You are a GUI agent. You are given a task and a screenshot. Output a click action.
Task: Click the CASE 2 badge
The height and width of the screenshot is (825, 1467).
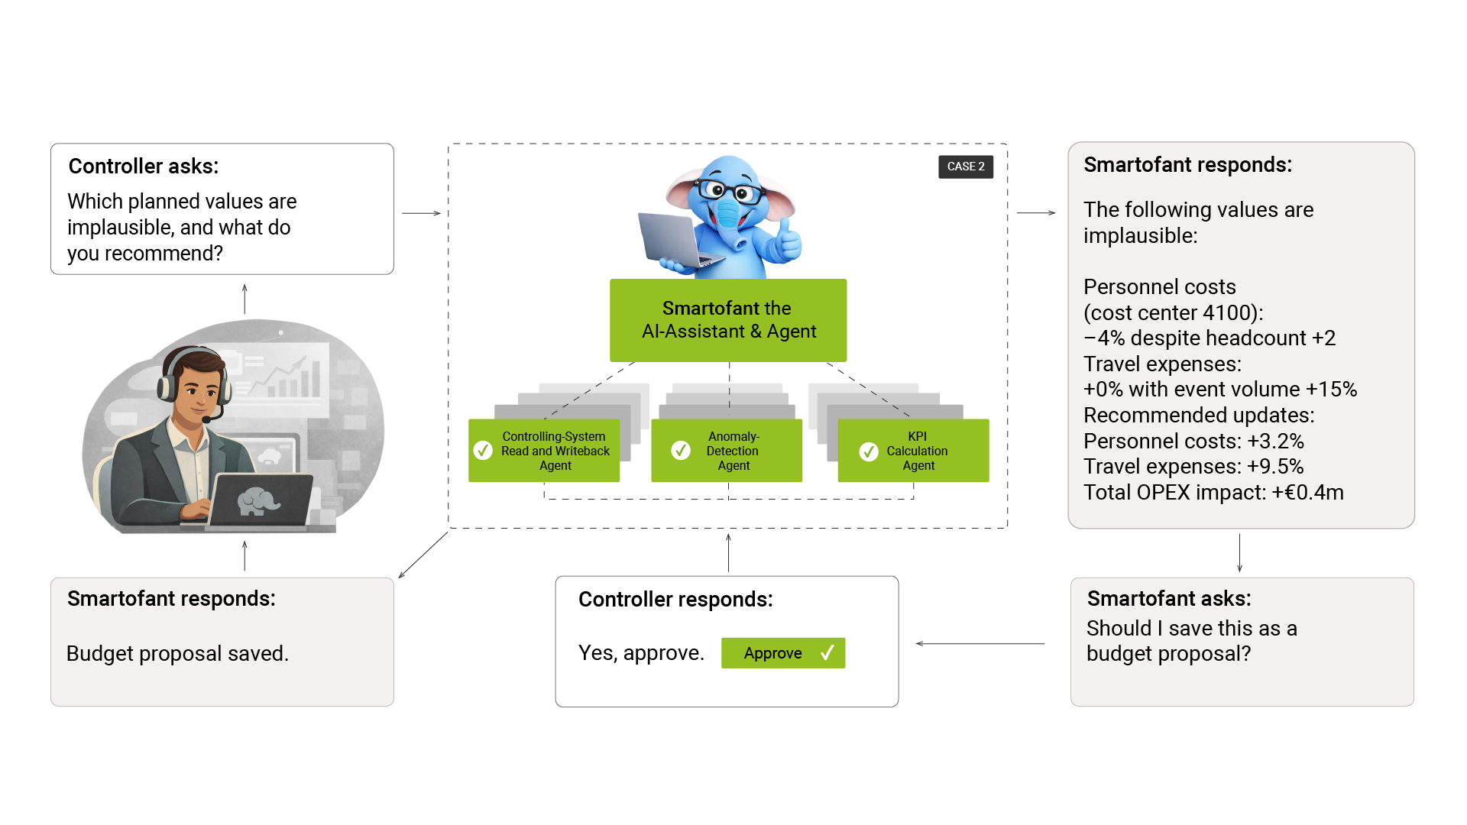point(965,167)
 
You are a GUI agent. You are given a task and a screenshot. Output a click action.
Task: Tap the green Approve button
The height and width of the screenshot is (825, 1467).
point(782,653)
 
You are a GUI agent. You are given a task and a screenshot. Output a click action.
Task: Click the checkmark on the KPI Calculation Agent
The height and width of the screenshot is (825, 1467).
point(869,451)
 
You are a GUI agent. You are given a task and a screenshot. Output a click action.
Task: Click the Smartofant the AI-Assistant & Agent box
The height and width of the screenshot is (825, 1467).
point(728,320)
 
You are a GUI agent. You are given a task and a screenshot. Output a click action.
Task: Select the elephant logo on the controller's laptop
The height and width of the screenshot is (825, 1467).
point(257,502)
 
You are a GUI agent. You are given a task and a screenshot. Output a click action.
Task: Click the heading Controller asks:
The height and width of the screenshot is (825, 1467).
point(144,167)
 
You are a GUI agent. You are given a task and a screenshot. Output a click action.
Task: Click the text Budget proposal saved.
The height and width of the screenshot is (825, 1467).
point(177,654)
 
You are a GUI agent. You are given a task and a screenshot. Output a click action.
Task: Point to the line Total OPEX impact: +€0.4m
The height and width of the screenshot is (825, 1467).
point(1213,493)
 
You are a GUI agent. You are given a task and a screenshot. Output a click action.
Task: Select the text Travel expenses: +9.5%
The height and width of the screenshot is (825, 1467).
point(1193,467)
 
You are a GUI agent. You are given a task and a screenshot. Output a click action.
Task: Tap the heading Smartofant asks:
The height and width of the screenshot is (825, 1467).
point(1168,599)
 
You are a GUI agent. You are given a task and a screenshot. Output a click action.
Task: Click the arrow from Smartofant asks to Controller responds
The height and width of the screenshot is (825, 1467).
point(980,644)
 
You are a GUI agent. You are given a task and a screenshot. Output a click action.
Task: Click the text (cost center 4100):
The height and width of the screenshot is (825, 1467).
point(1173,313)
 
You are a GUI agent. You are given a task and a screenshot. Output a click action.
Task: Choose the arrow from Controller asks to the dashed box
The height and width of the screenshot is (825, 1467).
point(421,213)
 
